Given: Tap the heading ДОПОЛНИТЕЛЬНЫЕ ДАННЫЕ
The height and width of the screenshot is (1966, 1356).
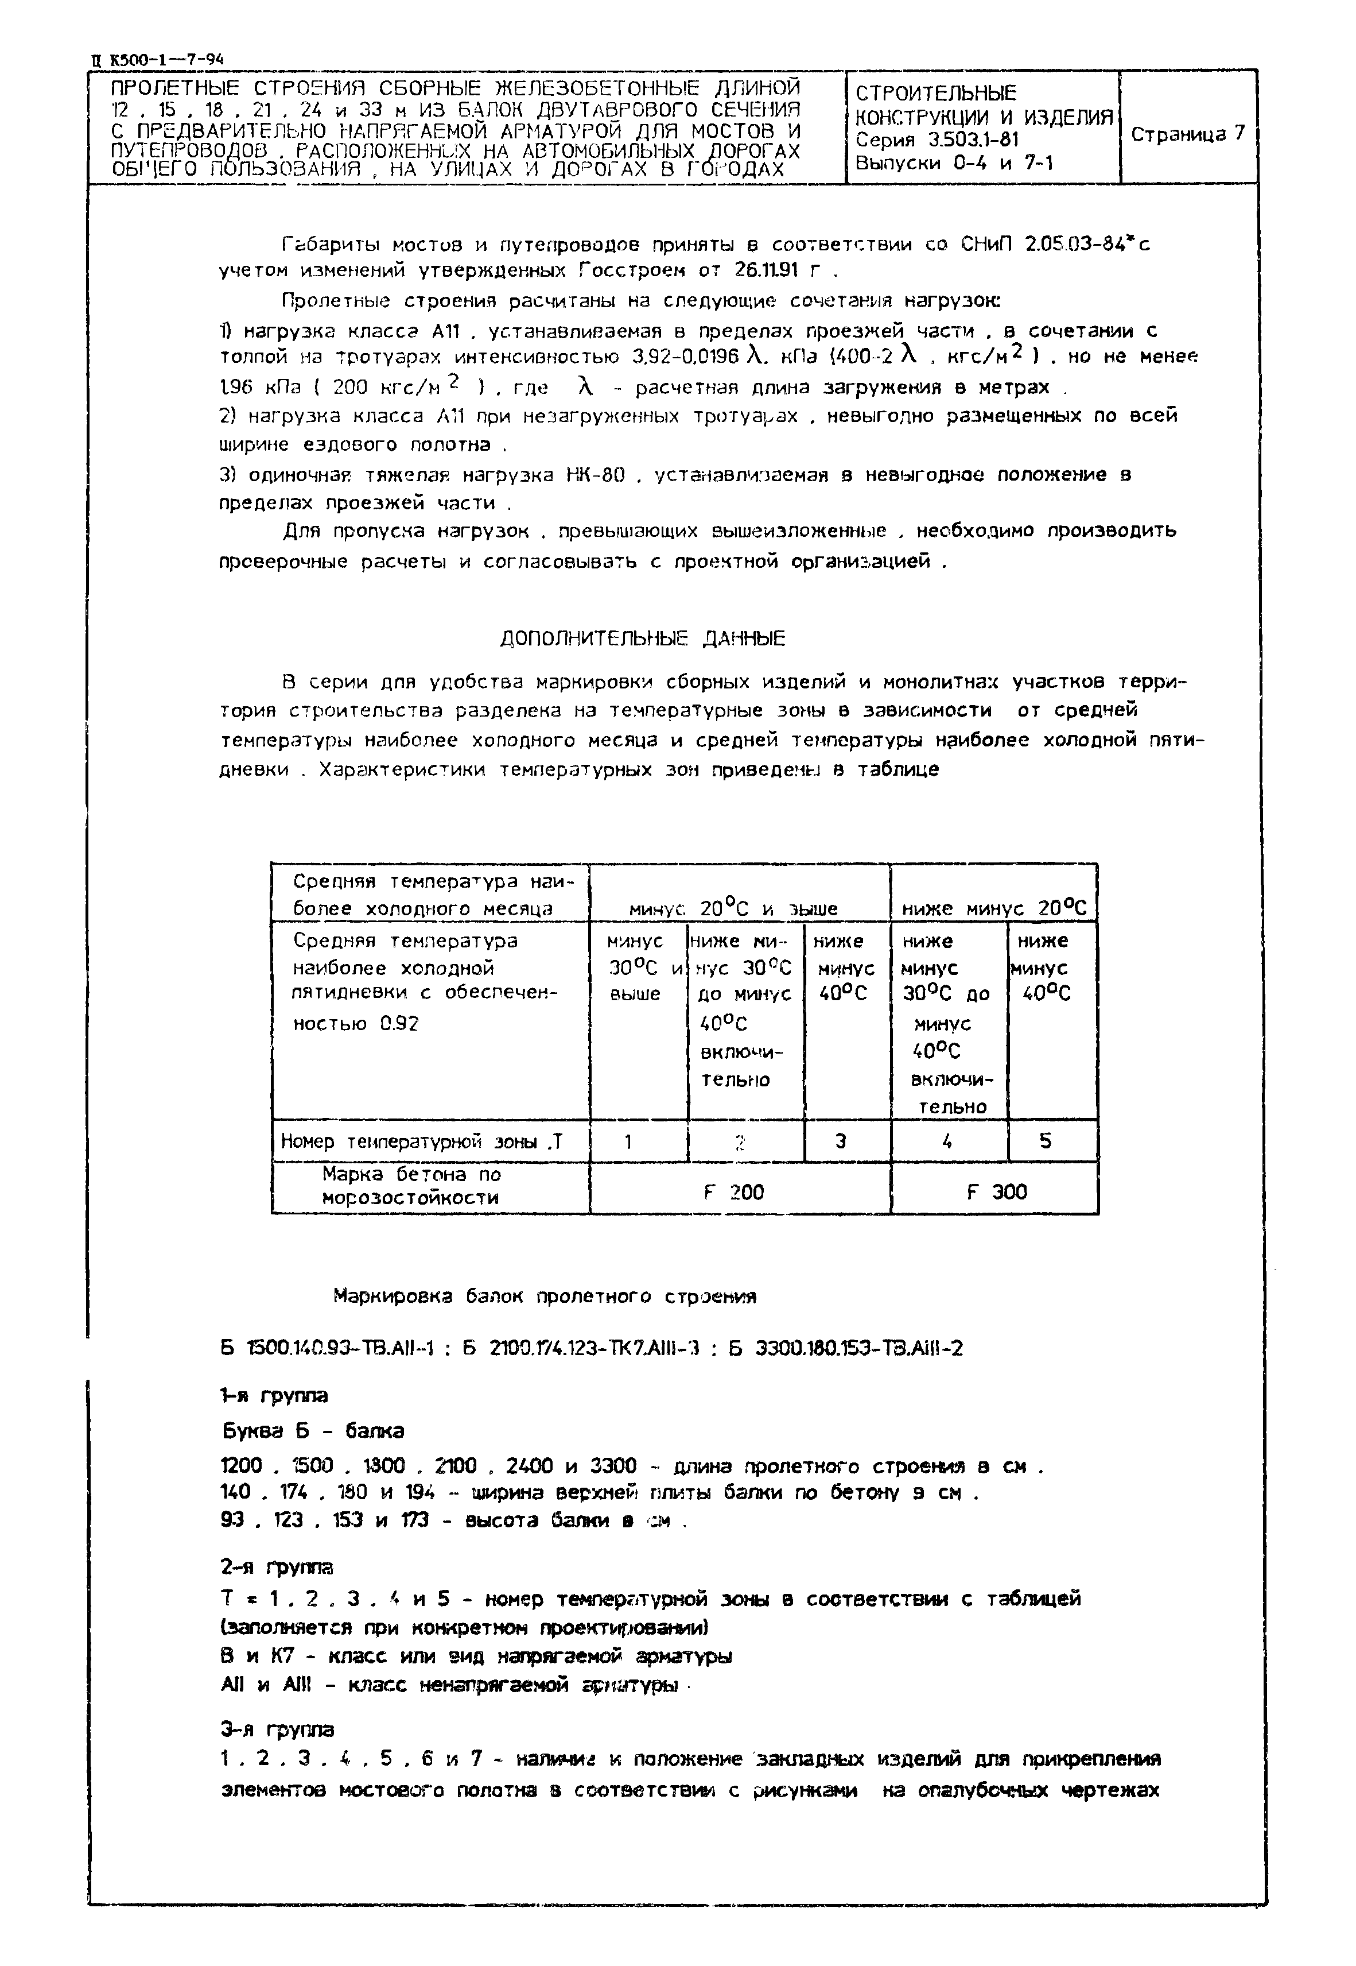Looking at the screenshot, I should tap(642, 638).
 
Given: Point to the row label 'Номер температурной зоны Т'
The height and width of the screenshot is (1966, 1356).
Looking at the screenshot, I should tap(421, 1141).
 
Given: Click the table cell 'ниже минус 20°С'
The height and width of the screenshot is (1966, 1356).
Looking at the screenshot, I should tap(993, 908).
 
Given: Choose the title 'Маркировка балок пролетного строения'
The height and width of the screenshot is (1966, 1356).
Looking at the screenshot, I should tap(544, 1297).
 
